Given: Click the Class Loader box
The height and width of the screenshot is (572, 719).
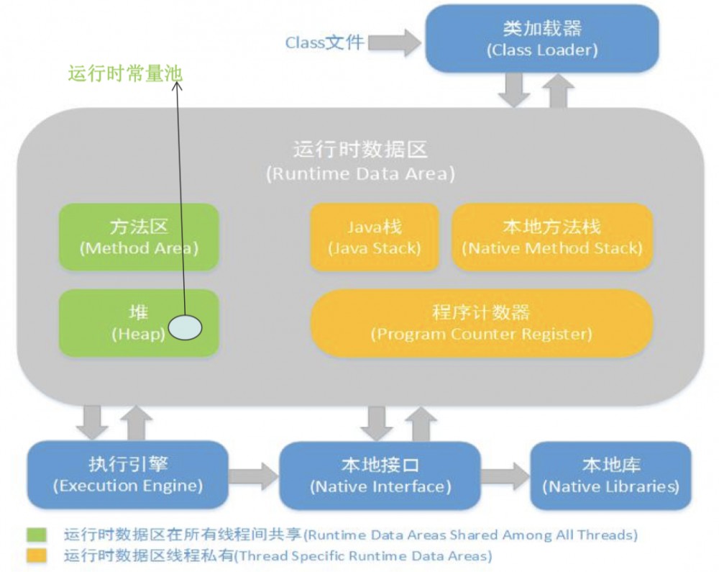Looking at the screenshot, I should point(542,39).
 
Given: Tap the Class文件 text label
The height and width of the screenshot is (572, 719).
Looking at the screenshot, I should point(324,42).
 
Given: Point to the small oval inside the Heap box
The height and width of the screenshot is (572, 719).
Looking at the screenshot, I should point(185,327).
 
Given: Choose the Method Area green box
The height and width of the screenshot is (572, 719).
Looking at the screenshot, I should point(139,237).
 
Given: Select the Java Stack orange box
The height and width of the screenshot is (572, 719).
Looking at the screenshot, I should point(374,237).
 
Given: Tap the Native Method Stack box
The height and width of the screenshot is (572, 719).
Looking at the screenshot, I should point(551,237).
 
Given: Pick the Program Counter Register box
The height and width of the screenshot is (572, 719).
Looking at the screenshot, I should point(481,323).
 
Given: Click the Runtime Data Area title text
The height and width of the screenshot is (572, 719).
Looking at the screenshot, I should point(360,160).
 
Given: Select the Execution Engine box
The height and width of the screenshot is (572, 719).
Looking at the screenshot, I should point(127,474).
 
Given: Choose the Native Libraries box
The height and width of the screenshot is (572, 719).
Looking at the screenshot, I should point(610,475).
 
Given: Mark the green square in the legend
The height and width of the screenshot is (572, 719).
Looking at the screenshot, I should point(37,535).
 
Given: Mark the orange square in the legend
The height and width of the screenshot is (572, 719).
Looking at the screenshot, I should point(37,555).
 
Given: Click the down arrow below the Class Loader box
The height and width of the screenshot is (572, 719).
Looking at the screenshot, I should point(515,89).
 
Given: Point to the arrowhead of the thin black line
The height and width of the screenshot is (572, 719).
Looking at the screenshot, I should point(178,86).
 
